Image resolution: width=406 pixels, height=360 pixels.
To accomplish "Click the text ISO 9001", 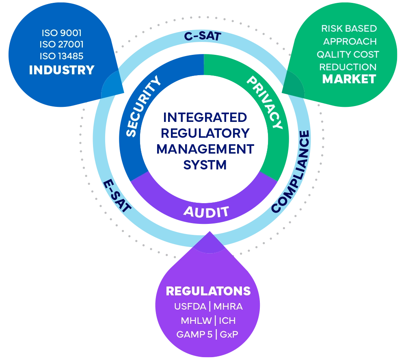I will click(62, 33).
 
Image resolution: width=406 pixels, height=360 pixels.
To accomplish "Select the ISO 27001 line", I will click(62, 45).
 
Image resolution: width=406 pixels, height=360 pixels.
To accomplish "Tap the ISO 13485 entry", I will click(62, 57).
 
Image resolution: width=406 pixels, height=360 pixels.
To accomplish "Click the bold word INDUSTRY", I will click(62, 70).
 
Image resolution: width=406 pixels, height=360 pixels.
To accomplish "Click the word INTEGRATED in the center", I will click(205, 118).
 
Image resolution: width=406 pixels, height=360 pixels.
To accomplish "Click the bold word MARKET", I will click(349, 79).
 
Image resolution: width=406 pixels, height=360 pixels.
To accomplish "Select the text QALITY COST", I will click(348, 54).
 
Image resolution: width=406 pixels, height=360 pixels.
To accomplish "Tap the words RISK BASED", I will click(349, 29).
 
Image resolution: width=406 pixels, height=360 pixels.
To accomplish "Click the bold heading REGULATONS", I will click(208, 291).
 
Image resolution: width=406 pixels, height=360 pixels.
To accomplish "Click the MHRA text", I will click(228, 307).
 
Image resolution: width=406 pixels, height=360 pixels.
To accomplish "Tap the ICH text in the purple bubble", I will click(227, 321).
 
